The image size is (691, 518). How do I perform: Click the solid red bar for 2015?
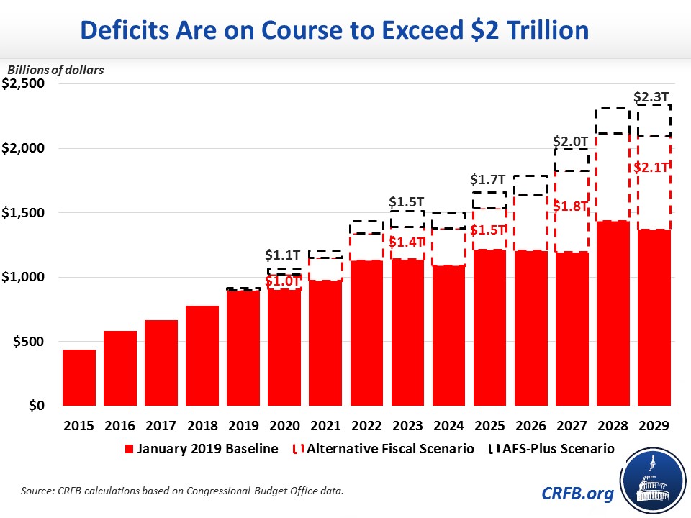pos(79,378)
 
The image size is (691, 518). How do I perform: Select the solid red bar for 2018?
pos(202,356)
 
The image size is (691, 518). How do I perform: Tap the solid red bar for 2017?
pos(161,363)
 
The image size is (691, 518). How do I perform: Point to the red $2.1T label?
pos(654,168)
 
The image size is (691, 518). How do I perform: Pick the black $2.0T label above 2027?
pos(572,142)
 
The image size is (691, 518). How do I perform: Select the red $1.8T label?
pos(572,206)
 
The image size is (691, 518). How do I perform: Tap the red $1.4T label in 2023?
pos(407,242)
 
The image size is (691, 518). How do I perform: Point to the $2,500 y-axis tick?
pos(24,83)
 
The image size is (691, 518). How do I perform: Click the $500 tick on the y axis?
pos(30,342)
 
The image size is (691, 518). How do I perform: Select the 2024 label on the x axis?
pos(448,425)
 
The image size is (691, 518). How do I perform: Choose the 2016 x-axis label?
pos(120,425)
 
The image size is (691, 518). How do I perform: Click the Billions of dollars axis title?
pos(56,70)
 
